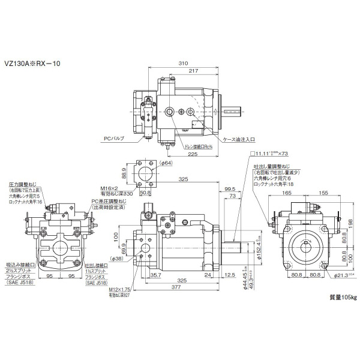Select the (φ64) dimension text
coord(150,163)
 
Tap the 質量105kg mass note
coord(343,296)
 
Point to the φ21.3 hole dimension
coord(339,275)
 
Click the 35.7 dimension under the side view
coord(155,275)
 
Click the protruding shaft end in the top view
coord(235,111)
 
